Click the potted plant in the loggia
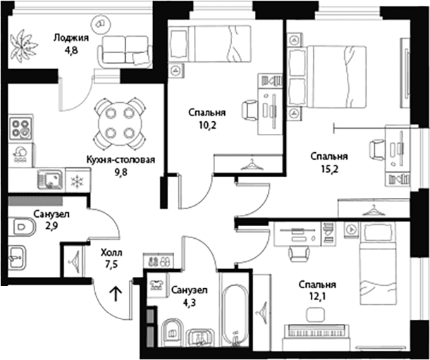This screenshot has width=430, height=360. point(22,46)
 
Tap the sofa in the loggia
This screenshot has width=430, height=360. point(125,52)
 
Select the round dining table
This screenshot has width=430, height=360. point(121,123)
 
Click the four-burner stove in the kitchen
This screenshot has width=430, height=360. point(21,128)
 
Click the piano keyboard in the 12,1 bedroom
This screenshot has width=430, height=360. point(317,333)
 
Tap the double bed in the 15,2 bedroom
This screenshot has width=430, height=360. point(327,77)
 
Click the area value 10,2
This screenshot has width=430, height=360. point(208,125)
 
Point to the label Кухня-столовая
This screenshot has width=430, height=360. point(121,159)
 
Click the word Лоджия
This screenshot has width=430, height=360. point(71,37)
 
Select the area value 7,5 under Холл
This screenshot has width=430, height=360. point(111,264)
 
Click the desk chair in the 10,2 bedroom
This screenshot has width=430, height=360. point(250,111)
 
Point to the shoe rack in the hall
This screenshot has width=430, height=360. point(159,260)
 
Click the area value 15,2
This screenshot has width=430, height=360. point(330,169)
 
